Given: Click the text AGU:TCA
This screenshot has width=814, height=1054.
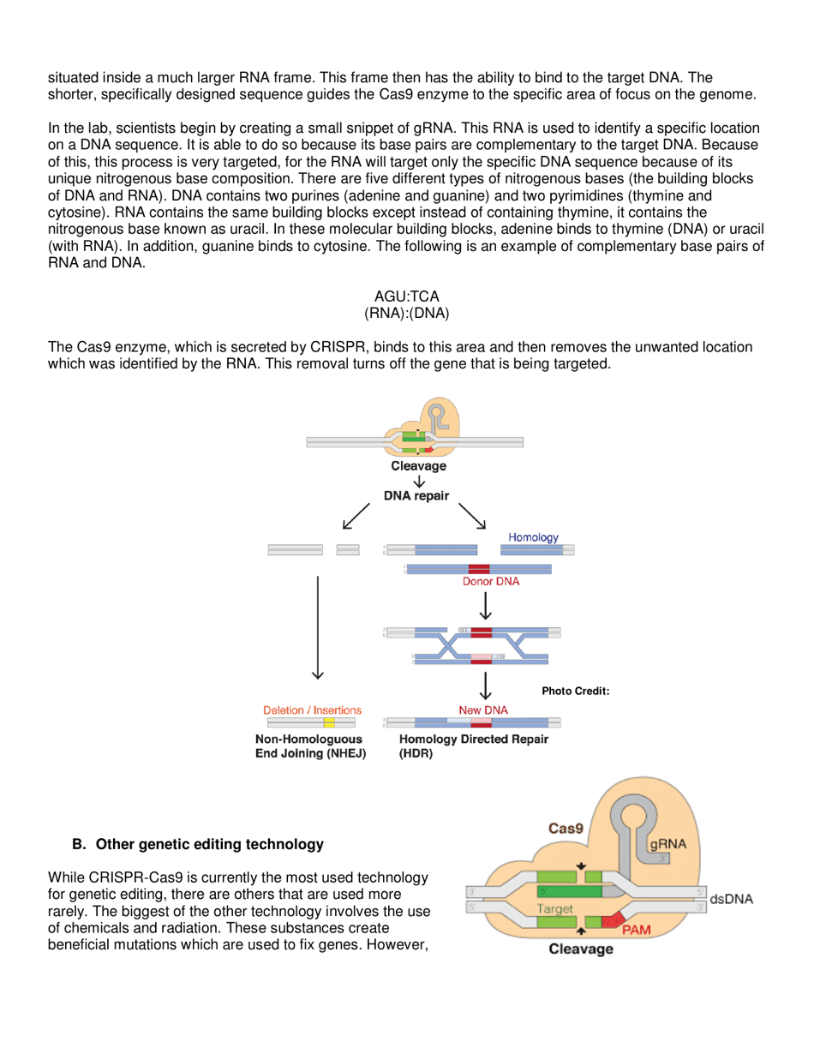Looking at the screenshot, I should [x=407, y=296].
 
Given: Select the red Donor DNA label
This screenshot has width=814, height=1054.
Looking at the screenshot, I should [x=479, y=581].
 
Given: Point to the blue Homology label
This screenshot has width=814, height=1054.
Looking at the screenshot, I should [x=533, y=537].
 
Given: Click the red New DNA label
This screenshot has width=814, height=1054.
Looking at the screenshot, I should [x=483, y=710].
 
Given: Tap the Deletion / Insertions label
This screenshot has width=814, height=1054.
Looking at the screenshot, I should [x=312, y=710].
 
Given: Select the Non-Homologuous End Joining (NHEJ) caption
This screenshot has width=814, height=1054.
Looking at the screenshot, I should [x=308, y=746].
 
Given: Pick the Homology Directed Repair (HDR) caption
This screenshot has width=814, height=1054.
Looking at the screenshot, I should [x=474, y=746].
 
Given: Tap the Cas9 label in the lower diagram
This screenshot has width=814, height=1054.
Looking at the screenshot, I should [x=566, y=829].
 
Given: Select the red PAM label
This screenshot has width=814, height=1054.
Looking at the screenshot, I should [x=637, y=929].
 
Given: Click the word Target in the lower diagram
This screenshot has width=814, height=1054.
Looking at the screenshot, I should [x=555, y=907].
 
